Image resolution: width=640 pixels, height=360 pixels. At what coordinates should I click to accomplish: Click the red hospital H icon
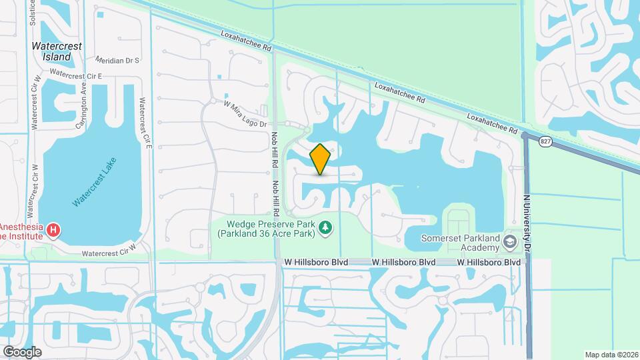click(x=53, y=231)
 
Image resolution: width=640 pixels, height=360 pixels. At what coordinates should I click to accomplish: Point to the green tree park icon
click(x=325, y=229)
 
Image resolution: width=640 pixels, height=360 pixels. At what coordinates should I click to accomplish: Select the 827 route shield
click(x=546, y=141)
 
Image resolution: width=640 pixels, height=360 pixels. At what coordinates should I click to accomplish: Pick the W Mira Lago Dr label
click(x=245, y=114)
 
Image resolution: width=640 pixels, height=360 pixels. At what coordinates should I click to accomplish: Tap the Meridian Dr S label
click(x=117, y=61)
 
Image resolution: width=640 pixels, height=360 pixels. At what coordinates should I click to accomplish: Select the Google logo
click(x=22, y=351)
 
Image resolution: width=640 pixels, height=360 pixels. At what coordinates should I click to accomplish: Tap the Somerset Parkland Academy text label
click(x=461, y=243)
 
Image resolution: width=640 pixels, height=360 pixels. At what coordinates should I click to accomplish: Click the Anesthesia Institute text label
click(x=22, y=231)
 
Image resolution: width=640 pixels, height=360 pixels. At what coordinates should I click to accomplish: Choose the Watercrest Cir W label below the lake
click(x=109, y=253)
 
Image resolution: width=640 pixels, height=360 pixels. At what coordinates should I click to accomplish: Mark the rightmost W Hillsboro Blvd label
click(x=489, y=263)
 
